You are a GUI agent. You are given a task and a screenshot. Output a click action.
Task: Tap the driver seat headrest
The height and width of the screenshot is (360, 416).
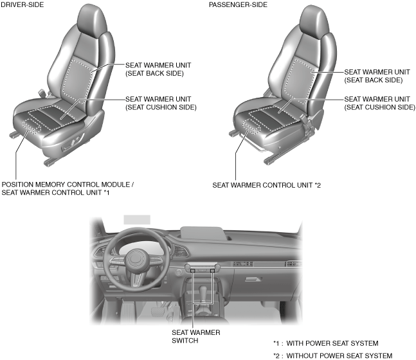point(89,23)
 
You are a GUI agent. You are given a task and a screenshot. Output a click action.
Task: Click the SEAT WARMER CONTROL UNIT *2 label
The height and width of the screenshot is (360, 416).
point(266,184)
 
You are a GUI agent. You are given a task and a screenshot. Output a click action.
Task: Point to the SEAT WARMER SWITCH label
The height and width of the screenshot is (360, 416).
point(195,336)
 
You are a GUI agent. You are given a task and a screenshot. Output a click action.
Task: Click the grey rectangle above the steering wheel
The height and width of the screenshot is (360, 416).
point(136,219)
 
